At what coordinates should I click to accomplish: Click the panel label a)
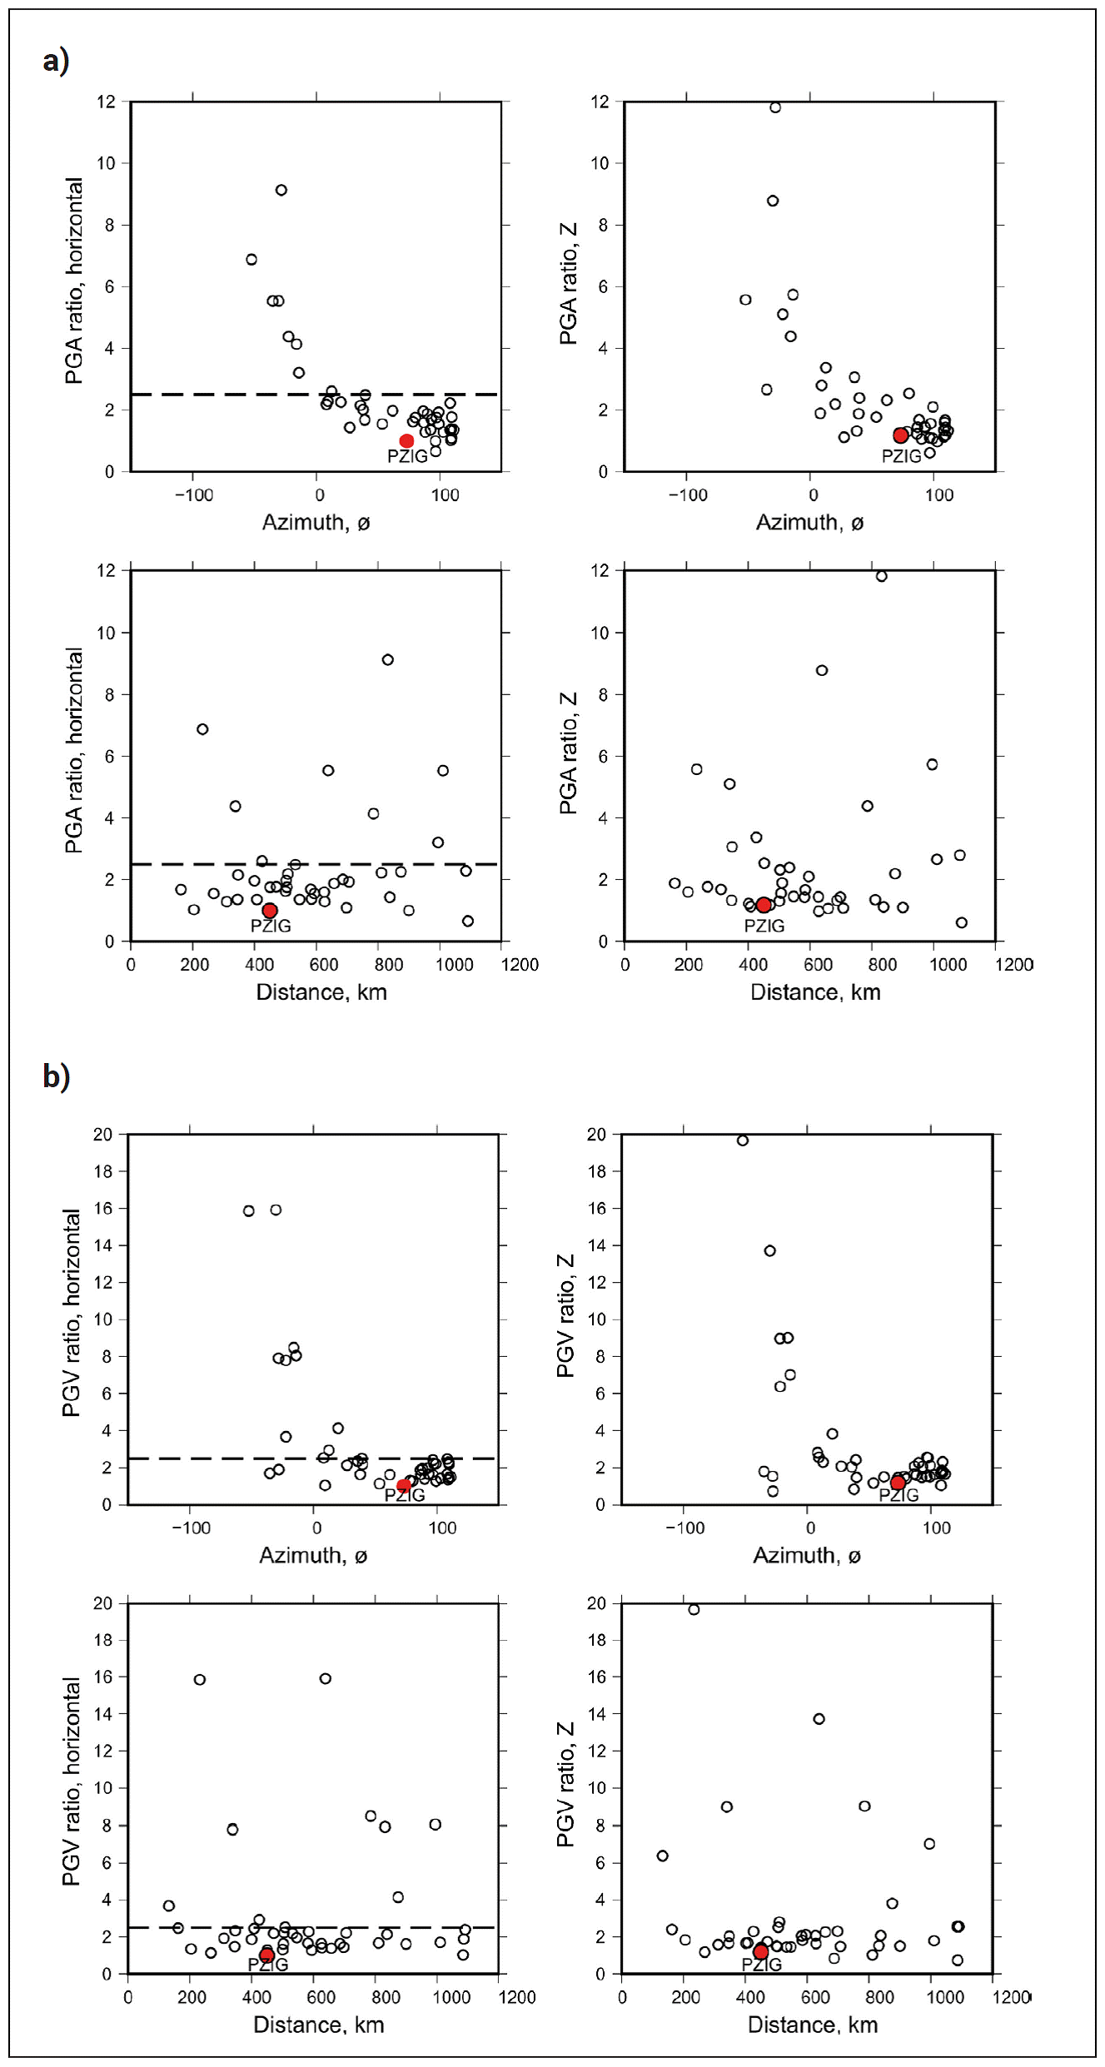pos(56,61)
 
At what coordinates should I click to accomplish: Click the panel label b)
pos(56,1076)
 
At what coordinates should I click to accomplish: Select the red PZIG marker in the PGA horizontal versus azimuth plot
pos(406,441)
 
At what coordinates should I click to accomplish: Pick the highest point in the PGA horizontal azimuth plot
pos(281,190)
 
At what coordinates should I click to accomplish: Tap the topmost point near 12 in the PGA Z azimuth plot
pos(775,107)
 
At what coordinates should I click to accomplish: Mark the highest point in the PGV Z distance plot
pos(694,1610)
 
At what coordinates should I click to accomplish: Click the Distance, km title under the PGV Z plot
pos(813,2025)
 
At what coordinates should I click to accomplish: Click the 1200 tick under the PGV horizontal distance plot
pos(516,1997)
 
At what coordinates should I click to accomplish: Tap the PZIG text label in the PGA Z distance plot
pos(764,926)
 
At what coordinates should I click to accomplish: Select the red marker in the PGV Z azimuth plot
pos(898,1483)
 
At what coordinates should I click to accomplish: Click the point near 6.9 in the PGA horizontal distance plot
pos(202,729)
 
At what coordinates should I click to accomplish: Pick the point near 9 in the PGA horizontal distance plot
pos(388,660)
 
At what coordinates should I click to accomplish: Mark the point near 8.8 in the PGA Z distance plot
pos(822,670)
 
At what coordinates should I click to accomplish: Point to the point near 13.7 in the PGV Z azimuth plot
pos(770,1250)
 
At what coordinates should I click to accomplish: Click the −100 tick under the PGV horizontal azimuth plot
pos(191,1528)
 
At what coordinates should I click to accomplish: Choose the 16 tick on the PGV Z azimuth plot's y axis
pos(597,1209)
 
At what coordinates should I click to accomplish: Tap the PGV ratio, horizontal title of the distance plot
pos(72,1781)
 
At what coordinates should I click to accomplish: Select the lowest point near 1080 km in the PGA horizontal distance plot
pos(468,921)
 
